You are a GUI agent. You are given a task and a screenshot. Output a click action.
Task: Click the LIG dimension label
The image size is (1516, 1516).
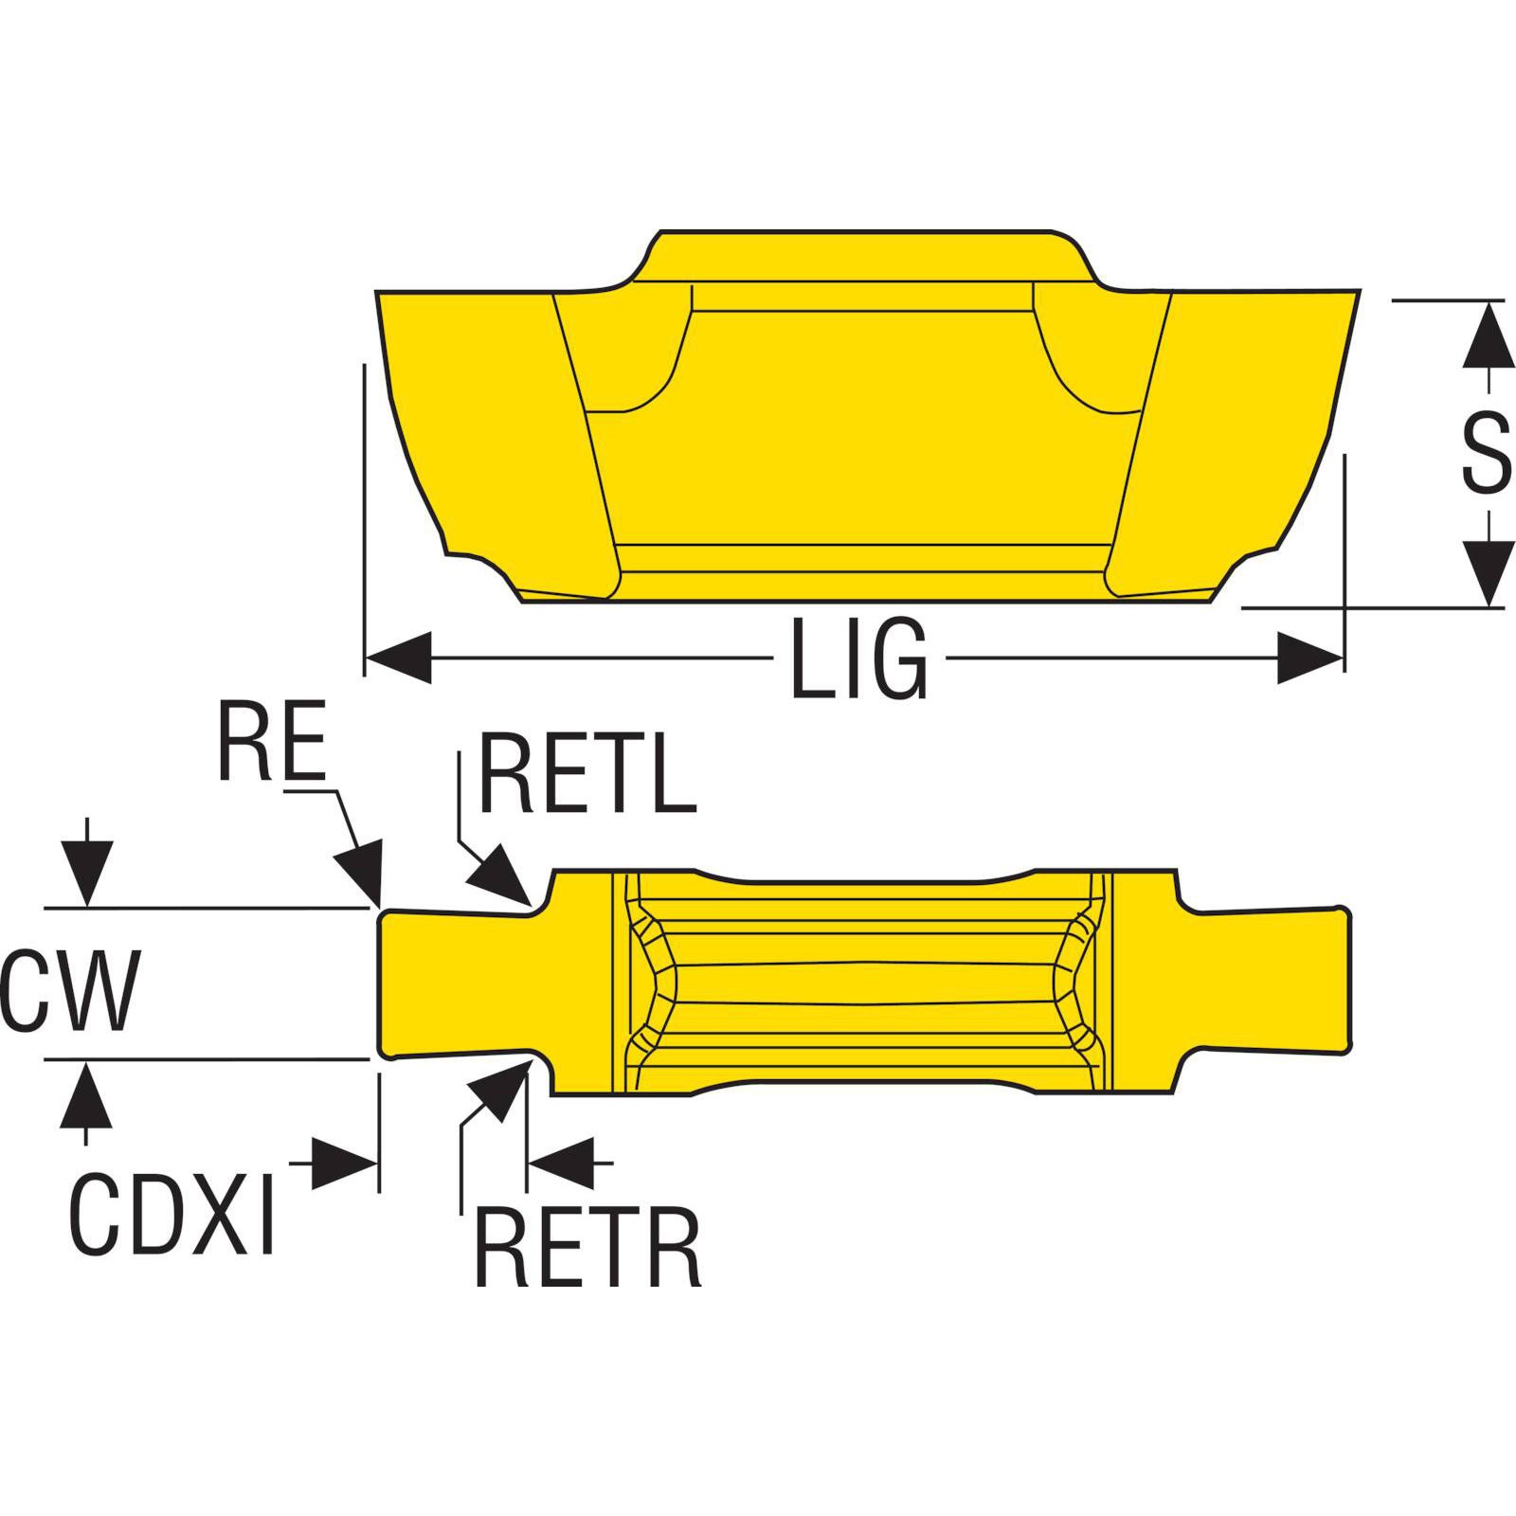point(858,658)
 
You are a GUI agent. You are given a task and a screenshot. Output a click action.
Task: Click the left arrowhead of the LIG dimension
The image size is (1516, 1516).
point(398,657)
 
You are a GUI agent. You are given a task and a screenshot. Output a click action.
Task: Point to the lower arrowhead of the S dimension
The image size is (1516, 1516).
point(1485,572)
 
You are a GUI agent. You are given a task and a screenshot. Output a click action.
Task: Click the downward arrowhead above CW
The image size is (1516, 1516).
point(86,872)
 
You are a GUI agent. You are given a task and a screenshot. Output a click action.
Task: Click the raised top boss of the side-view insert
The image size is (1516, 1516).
point(862,256)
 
